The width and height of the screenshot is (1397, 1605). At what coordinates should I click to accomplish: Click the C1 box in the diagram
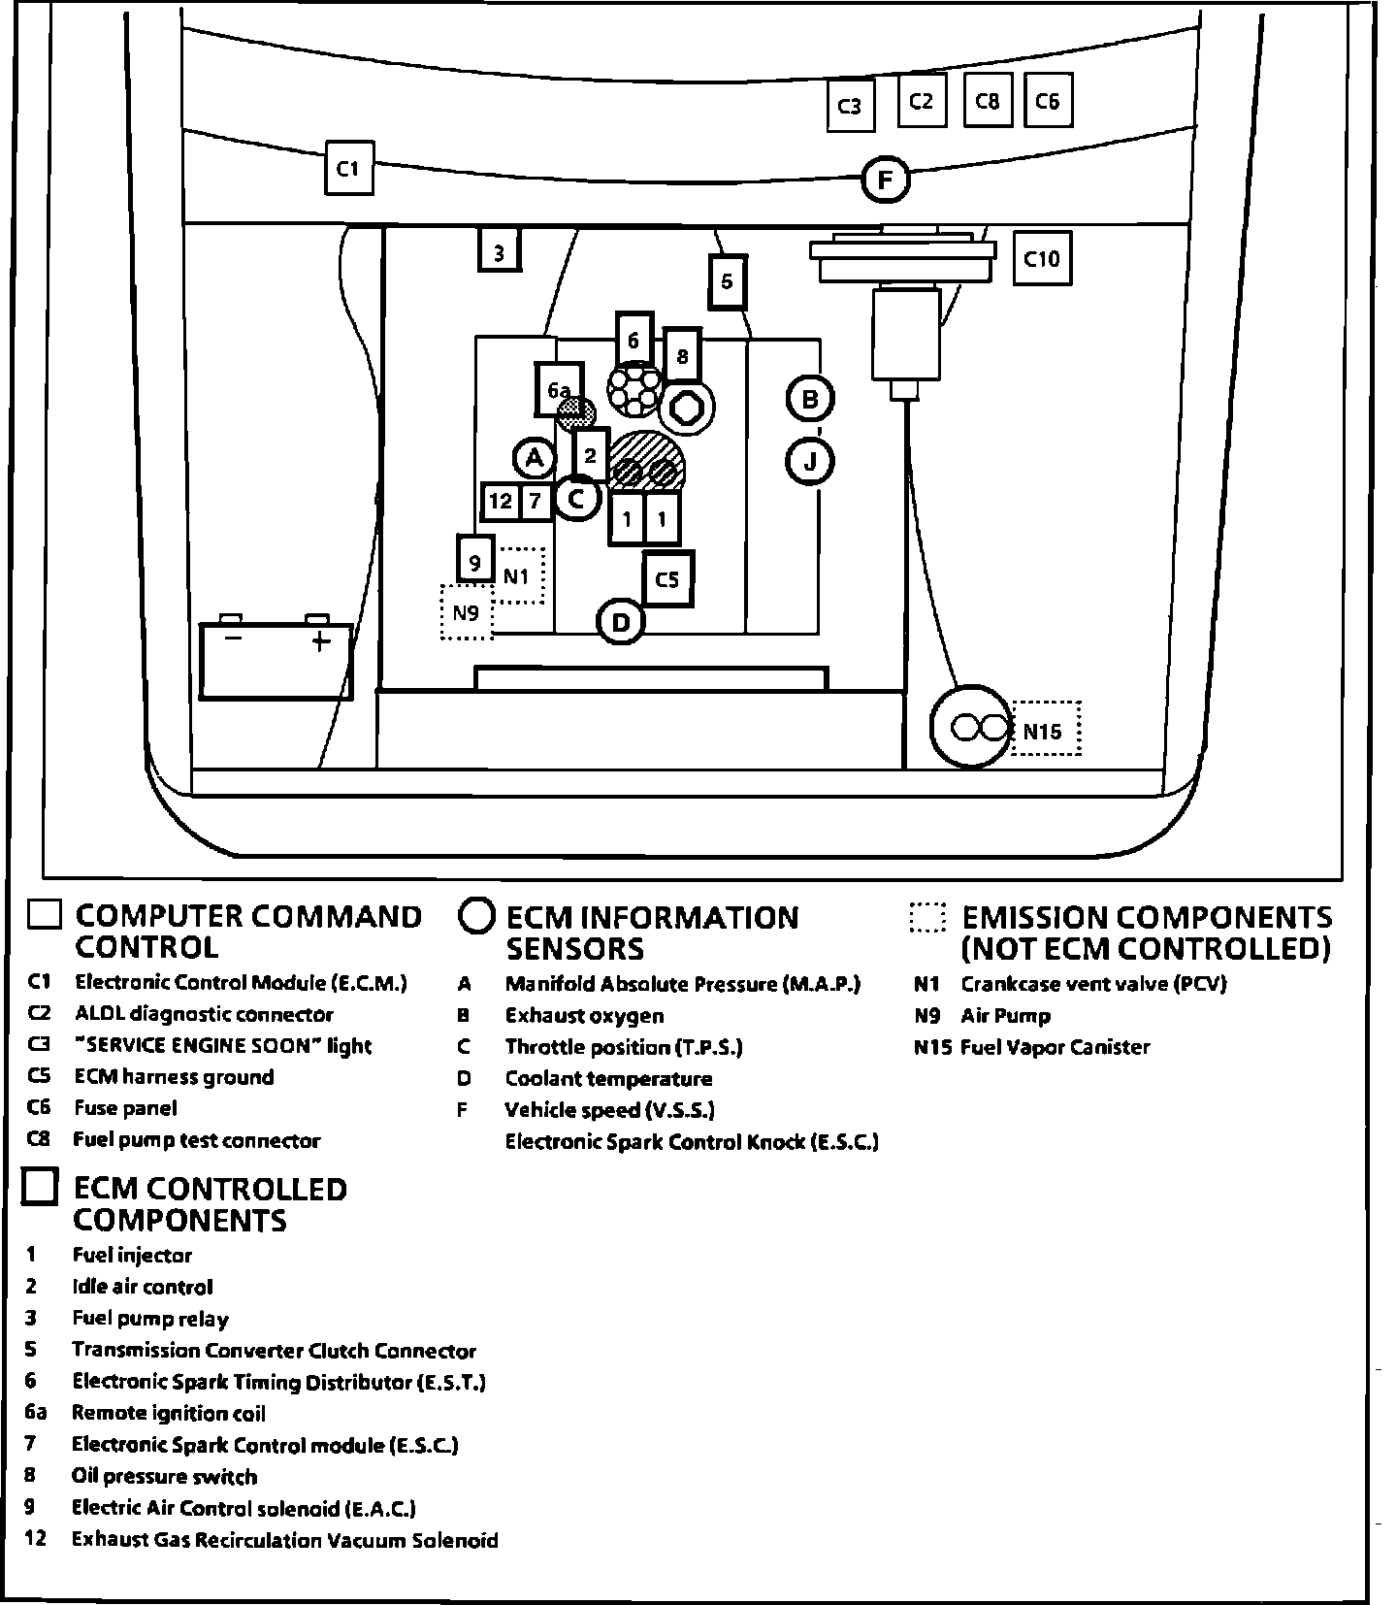tap(348, 169)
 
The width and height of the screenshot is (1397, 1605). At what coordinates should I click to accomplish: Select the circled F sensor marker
tap(885, 180)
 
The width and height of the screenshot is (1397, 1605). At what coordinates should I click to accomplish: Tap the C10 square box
tap(1042, 258)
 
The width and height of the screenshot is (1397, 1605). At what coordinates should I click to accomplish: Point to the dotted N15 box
tap(1045, 730)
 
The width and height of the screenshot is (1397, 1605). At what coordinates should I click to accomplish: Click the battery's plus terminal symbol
tap(320, 640)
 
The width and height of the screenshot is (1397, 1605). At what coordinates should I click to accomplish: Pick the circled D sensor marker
tap(622, 622)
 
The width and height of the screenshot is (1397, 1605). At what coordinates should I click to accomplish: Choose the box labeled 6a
tap(559, 390)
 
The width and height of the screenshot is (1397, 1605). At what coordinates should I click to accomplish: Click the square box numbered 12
tap(501, 502)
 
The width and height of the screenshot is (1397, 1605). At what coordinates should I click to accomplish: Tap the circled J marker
tap(810, 461)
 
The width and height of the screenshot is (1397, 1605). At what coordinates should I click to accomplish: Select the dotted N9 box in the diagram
tap(467, 612)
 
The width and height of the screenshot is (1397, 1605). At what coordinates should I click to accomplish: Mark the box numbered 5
tap(728, 281)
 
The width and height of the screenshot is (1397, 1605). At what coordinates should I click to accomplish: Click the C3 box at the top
tap(850, 106)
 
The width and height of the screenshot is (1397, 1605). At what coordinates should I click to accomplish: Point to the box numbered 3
tap(499, 252)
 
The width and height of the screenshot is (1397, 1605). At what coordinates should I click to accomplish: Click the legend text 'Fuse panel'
tap(125, 1108)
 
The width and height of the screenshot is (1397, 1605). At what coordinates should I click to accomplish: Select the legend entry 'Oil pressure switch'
tap(164, 1477)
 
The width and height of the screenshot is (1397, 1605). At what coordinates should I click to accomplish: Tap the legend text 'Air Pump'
tap(1005, 1016)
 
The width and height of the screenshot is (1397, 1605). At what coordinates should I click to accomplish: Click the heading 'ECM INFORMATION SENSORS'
tap(652, 933)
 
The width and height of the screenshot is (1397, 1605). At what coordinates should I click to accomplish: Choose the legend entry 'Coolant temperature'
tap(608, 1079)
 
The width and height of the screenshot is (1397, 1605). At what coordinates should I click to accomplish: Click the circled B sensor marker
tap(810, 398)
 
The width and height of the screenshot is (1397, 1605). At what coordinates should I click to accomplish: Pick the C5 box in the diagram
tap(667, 579)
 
